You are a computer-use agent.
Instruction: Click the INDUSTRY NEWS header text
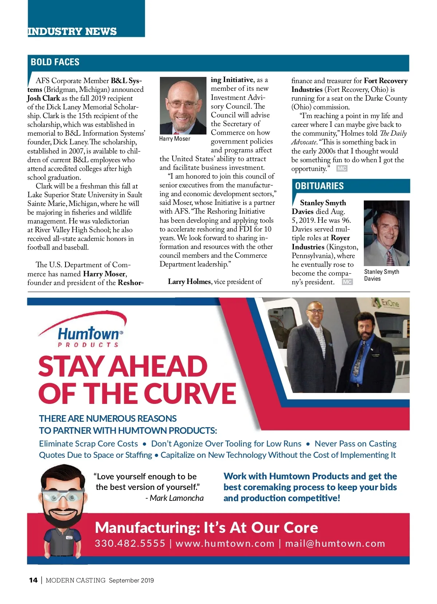(72, 31)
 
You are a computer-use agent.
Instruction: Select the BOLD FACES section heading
(55, 62)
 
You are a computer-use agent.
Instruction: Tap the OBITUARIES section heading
(319, 186)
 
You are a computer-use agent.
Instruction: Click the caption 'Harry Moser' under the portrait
(175, 139)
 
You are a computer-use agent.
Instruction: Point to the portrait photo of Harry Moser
(183, 105)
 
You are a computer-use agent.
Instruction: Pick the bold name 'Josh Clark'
(44, 98)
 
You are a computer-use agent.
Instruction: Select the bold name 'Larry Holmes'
(189, 281)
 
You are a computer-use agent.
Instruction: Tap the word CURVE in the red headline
(190, 393)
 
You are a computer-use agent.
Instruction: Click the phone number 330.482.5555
(130, 543)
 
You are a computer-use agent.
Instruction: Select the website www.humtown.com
(225, 543)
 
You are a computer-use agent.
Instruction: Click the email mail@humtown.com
(335, 543)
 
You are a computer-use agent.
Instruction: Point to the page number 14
(33, 580)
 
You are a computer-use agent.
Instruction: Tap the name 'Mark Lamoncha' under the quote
(177, 498)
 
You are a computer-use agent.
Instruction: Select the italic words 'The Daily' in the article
(393, 133)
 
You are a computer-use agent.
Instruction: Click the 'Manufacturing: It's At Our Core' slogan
(206, 527)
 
